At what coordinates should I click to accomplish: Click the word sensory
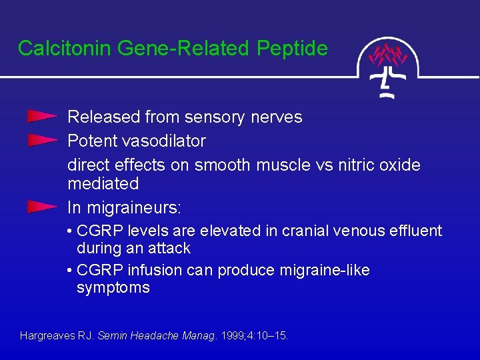point(215,117)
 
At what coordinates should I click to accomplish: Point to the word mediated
point(103,183)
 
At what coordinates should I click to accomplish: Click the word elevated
point(225,231)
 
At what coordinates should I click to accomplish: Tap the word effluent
point(416,231)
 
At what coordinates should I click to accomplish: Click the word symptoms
point(113,288)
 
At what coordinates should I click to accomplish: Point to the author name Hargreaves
point(47,336)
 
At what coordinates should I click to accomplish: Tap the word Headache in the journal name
point(154,336)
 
